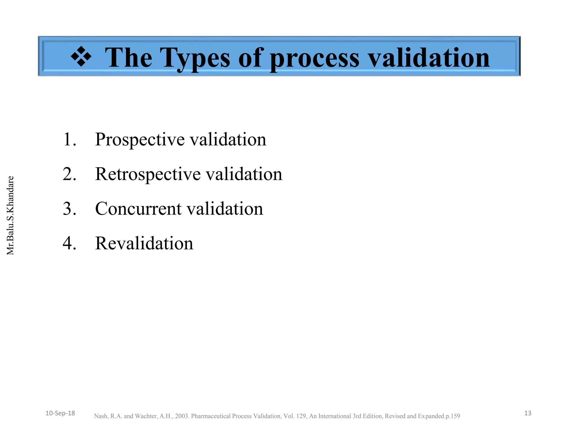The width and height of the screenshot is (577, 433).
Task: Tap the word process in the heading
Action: tap(314, 58)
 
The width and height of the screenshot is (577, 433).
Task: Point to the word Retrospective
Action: tap(148, 174)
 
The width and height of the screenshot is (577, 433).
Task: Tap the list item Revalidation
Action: tap(144, 243)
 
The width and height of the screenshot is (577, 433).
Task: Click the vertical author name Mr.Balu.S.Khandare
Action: tap(10, 215)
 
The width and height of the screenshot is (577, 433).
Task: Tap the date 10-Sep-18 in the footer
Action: tap(60, 413)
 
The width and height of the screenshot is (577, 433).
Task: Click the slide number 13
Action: tap(528, 413)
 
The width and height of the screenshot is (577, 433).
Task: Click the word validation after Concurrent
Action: tap(225, 209)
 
